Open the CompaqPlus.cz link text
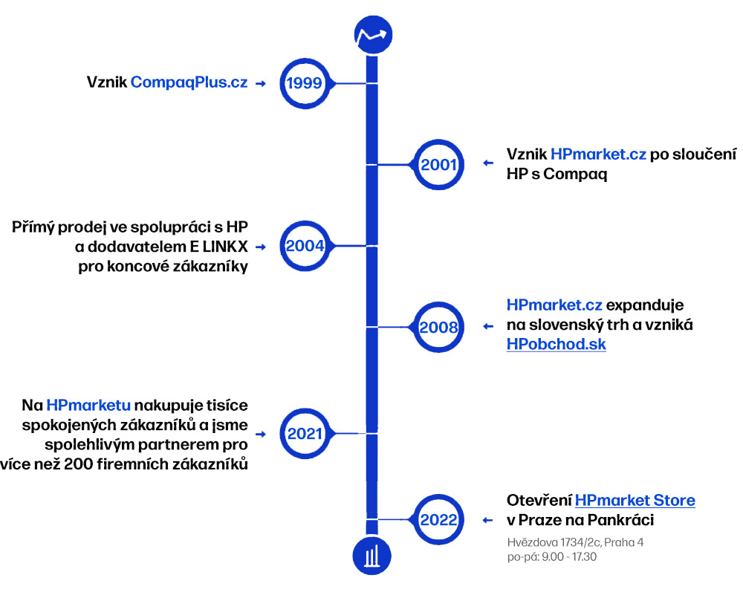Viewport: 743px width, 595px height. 189,82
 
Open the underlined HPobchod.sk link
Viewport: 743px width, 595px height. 557,345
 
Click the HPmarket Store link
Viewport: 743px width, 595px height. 635,500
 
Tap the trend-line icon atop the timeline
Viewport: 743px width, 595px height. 374,35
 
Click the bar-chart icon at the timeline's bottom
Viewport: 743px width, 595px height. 372,556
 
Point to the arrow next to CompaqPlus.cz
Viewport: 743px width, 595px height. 261,84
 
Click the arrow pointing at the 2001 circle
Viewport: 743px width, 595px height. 488,163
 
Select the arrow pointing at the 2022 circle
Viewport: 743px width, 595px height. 487,521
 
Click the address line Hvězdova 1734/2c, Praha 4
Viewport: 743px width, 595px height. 575,542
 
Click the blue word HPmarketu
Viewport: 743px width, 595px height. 88,406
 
